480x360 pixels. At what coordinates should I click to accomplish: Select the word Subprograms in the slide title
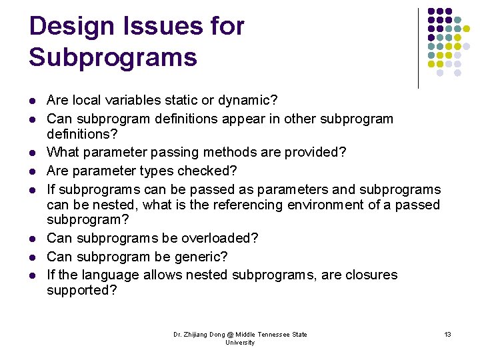(x=113, y=57)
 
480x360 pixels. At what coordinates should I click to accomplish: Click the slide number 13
(x=447, y=334)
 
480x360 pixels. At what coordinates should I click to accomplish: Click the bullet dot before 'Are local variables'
(x=33, y=101)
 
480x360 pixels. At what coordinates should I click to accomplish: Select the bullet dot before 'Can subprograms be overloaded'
(x=33, y=239)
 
